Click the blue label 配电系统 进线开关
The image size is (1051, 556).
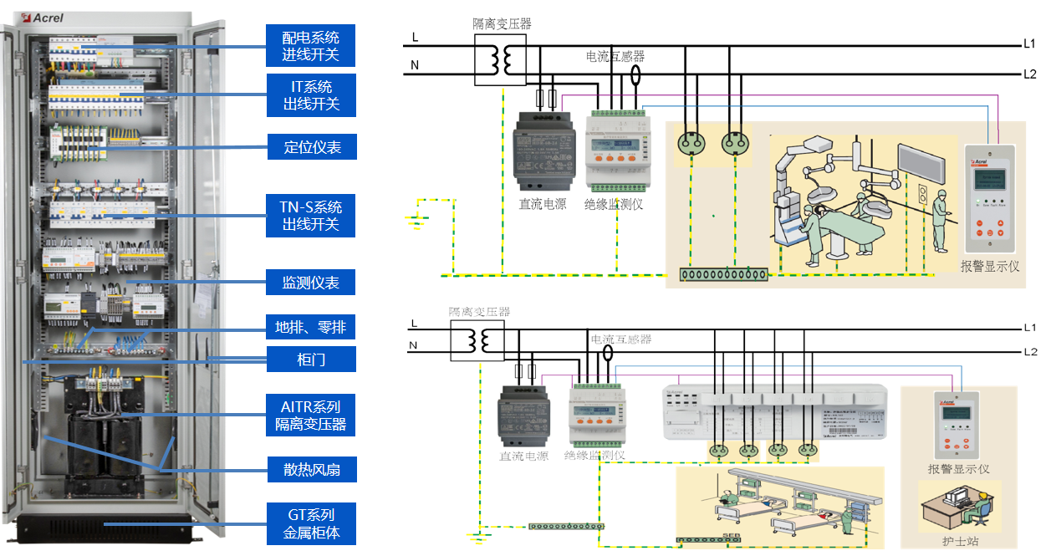point(311,46)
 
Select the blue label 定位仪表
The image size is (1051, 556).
point(311,147)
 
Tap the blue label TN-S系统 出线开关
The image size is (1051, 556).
point(311,216)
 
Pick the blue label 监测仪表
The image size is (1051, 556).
point(311,282)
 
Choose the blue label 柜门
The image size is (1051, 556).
point(311,360)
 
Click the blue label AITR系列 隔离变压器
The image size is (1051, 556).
point(311,416)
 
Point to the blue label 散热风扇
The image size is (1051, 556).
point(311,469)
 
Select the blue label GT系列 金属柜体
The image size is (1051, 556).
point(311,523)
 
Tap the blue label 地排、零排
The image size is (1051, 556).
point(311,327)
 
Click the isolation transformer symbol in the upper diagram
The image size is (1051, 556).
point(501,59)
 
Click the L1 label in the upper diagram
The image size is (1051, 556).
point(1029,43)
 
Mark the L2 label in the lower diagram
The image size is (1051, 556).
point(1029,351)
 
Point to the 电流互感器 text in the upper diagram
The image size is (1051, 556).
point(615,57)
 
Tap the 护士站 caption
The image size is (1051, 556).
point(959,541)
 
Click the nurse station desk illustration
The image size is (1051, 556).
point(958,507)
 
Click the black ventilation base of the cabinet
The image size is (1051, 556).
point(111,528)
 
